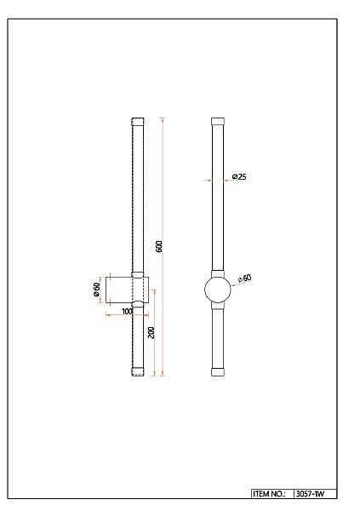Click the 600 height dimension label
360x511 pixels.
click(x=159, y=246)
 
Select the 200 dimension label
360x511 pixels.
click(x=151, y=333)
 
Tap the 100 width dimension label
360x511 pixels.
click(x=127, y=312)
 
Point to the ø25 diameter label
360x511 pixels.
click(x=239, y=177)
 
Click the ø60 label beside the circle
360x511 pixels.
click(x=244, y=278)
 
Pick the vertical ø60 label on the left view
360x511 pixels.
click(x=97, y=290)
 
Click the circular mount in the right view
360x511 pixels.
click(x=218, y=290)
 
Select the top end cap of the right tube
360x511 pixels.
click(x=218, y=122)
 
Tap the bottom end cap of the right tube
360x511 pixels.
click(x=218, y=372)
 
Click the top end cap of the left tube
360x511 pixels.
click(x=138, y=122)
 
